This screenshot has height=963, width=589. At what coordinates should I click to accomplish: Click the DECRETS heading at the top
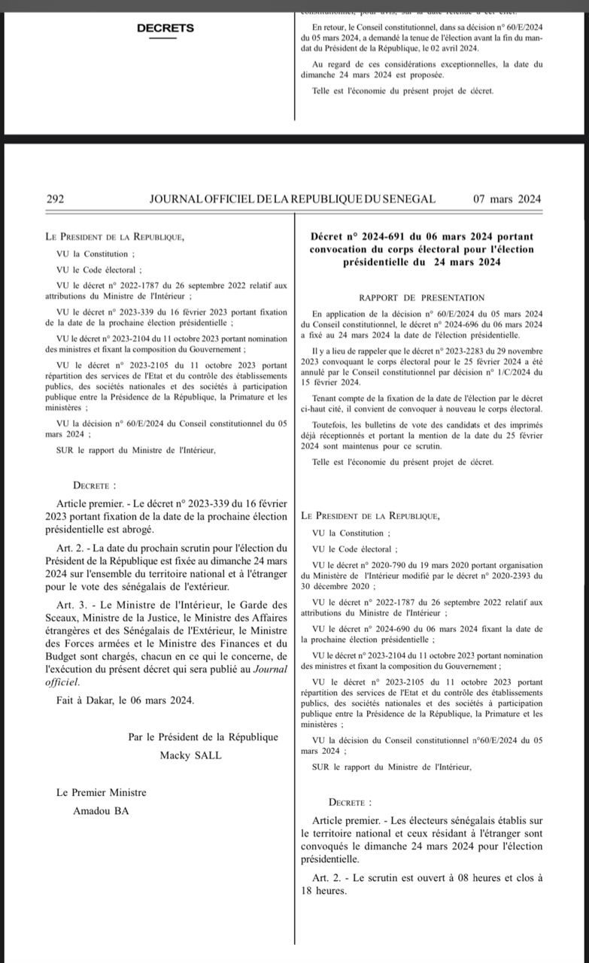click(x=165, y=29)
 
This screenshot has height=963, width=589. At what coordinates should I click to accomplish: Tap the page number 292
click(x=55, y=199)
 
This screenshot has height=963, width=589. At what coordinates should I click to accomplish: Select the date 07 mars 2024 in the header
click(x=507, y=199)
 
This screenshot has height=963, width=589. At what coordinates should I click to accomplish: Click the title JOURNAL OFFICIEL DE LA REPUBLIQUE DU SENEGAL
click(x=293, y=199)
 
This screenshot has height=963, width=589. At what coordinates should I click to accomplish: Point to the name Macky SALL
click(x=190, y=755)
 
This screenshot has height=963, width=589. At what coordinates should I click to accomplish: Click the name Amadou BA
click(x=101, y=810)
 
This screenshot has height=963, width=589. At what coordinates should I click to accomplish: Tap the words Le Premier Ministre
click(x=102, y=792)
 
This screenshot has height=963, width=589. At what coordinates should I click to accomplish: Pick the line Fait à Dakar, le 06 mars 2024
click(x=125, y=700)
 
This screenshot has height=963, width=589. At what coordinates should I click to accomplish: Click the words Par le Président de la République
click(x=203, y=737)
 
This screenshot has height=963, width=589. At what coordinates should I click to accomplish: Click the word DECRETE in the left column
click(x=94, y=487)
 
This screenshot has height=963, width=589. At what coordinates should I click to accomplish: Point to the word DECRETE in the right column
click(x=349, y=803)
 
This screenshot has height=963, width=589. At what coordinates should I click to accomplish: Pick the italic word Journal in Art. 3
click(x=269, y=668)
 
